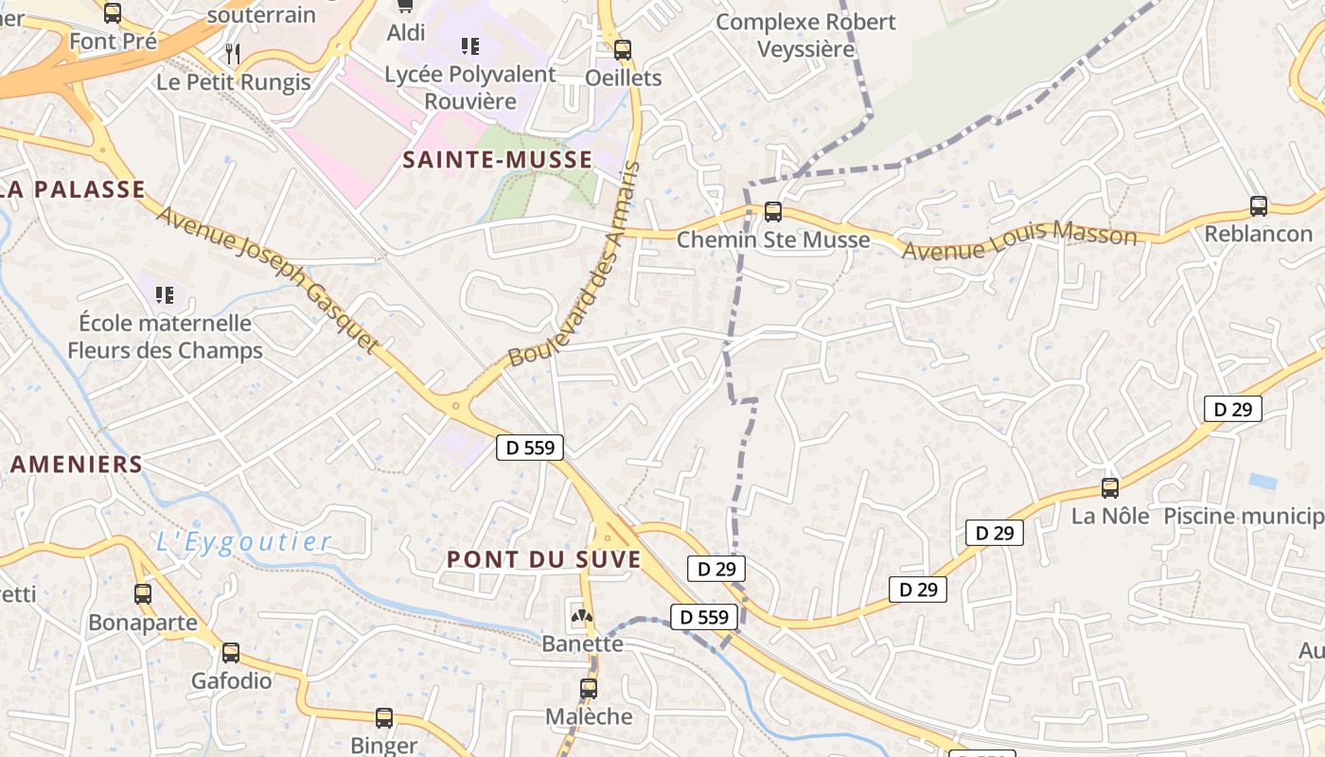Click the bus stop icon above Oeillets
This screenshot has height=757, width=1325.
[x=623, y=50]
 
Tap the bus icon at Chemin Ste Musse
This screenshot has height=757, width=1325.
[x=773, y=212]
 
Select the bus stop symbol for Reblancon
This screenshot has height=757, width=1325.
[x=1259, y=206]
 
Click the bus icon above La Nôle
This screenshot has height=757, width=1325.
[x=1110, y=488]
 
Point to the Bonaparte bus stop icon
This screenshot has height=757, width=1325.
[x=143, y=594]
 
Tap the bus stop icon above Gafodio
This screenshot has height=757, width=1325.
[x=231, y=653]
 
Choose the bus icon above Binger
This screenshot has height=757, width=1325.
[x=384, y=718]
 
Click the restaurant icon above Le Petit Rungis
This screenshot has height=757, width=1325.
[x=234, y=53]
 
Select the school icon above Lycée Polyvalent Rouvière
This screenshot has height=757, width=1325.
[x=469, y=45]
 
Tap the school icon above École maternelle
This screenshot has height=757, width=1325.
[x=165, y=295]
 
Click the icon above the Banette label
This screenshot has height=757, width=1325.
[x=580, y=616]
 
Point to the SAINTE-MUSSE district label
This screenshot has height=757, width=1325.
[x=498, y=160]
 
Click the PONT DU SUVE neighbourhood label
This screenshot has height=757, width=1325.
[x=544, y=559]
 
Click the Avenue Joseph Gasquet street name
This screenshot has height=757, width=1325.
[x=268, y=279]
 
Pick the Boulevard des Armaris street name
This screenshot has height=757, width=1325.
[x=575, y=265]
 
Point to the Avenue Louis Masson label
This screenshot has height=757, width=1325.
[x=1019, y=240]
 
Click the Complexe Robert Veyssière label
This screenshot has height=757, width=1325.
[x=805, y=35]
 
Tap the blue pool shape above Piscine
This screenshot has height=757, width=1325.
[x=1263, y=481]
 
